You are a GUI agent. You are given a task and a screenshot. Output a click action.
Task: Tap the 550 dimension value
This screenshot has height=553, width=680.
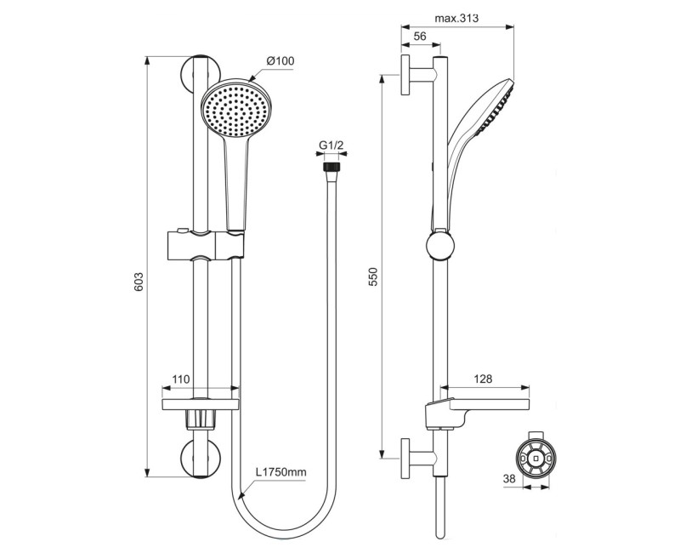tap(373, 277)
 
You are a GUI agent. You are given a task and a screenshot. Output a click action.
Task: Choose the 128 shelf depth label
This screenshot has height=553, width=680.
tap(481, 379)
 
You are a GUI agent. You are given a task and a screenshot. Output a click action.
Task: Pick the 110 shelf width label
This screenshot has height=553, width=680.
tap(179, 379)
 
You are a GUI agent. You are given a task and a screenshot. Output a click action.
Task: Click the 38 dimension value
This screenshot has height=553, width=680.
tap(508, 480)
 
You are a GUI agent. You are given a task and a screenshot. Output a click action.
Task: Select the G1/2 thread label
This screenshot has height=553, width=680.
tap(331, 146)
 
